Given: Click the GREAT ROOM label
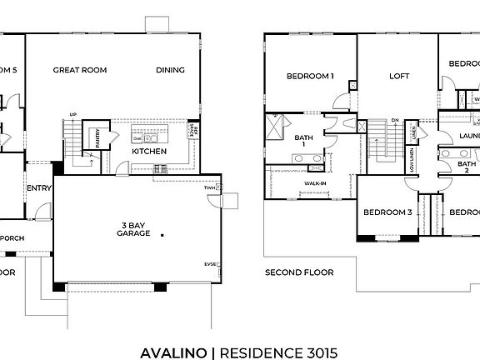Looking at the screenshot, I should point(80,70).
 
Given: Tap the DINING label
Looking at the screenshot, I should point(170,70).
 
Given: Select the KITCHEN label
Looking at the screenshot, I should point(149,152).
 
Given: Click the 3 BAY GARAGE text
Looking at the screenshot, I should point(133,228).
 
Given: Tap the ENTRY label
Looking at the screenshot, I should point(39,188).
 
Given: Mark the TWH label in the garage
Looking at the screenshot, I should point(208,188).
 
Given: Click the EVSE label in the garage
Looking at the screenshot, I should point(210,264).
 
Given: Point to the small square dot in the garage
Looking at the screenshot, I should point(164,234).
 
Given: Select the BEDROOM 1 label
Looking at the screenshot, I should point(310,77).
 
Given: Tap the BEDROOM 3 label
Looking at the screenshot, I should point(387,212).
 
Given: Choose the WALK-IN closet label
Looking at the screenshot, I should point(315,182).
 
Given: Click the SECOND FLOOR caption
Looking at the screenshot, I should point(299,272).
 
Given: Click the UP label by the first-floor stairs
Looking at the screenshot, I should point(73,115).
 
